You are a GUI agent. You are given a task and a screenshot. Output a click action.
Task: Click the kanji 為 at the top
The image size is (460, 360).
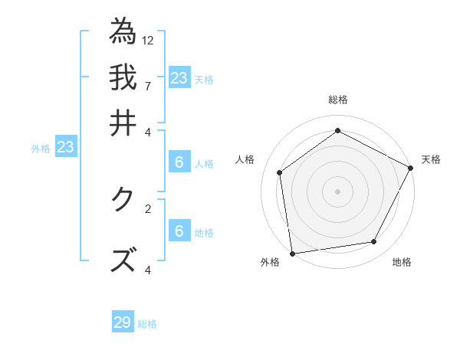pyautogui.click(x=123, y=31)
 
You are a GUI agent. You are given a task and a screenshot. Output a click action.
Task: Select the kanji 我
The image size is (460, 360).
pyautogui.click(x=123, y=77)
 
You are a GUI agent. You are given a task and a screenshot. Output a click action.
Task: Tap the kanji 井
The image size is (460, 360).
pyautogui.click(x=123, y=122)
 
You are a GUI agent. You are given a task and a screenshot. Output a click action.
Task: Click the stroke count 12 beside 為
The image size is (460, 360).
pyautogui.click(x=148, y=40)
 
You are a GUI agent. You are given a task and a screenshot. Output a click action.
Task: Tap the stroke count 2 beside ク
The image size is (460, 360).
pyautogui.click(x=147, y=208)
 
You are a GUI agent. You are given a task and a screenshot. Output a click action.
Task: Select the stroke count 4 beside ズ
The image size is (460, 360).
pyautogui.click(x=147, y=270)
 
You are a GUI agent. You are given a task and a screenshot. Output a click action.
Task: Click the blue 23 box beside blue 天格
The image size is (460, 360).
pyautogui.click(x=179, y=77)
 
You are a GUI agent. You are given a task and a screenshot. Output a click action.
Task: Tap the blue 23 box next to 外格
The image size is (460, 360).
pyautogui.click(x=65, y=147)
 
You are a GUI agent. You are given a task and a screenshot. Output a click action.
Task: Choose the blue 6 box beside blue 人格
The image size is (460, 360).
pyautogui.click(x=179, y=162)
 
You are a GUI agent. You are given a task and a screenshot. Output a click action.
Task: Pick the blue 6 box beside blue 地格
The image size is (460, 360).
pyautogui.click(x=179, y=231)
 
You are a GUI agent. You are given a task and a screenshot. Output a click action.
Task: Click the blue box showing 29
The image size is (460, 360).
pyautogui.click(x=123, y=322)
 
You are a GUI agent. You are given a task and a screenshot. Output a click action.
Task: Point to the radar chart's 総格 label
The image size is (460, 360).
pyautogui.click(x=337, y=100)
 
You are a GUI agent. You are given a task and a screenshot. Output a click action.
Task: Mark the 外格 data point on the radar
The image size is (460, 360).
pyautogui.click(x=292, y=253)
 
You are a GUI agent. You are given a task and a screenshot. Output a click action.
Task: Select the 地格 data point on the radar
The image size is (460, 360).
pyautogui.click(x=374, y=242)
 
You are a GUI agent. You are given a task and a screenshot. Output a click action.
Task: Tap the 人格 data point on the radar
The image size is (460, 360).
pyautogui.click(x=280, y=172)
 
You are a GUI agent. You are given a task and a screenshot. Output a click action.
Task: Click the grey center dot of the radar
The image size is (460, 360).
pyautogui.click(x=337, y=191)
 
